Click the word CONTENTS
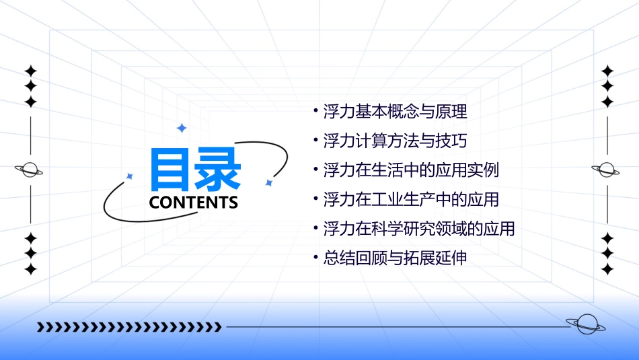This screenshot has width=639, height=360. [194, 203]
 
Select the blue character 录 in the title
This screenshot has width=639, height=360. [218, 170]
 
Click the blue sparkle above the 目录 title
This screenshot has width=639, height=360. [181, 128]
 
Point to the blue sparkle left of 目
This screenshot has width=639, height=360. [130, 176]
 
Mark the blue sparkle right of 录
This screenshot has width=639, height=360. [268, 182]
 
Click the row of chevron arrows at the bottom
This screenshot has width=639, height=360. [129, 328]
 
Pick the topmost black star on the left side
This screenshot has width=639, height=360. [30, 71]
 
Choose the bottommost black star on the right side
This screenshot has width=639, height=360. [607, 269]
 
